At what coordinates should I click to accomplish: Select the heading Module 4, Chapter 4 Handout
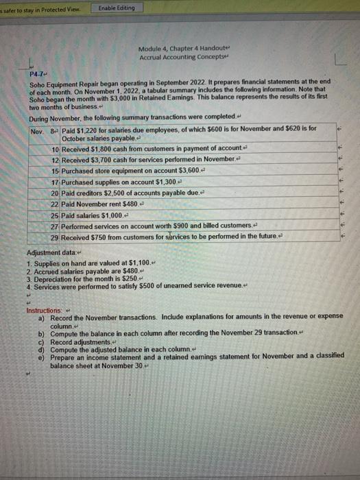click(173, 48)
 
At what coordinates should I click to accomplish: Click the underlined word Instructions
click(43, 311)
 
